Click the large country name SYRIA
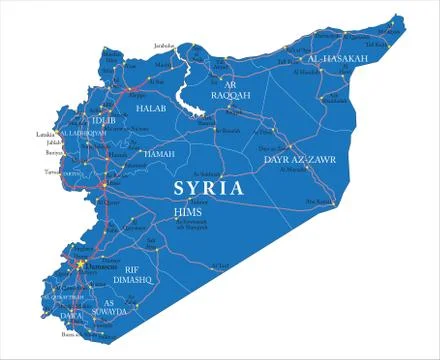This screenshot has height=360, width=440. (209, 187)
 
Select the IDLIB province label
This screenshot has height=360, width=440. (103, 121)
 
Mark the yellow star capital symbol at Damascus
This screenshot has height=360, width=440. (79, 264)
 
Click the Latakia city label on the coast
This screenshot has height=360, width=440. (45, 132)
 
